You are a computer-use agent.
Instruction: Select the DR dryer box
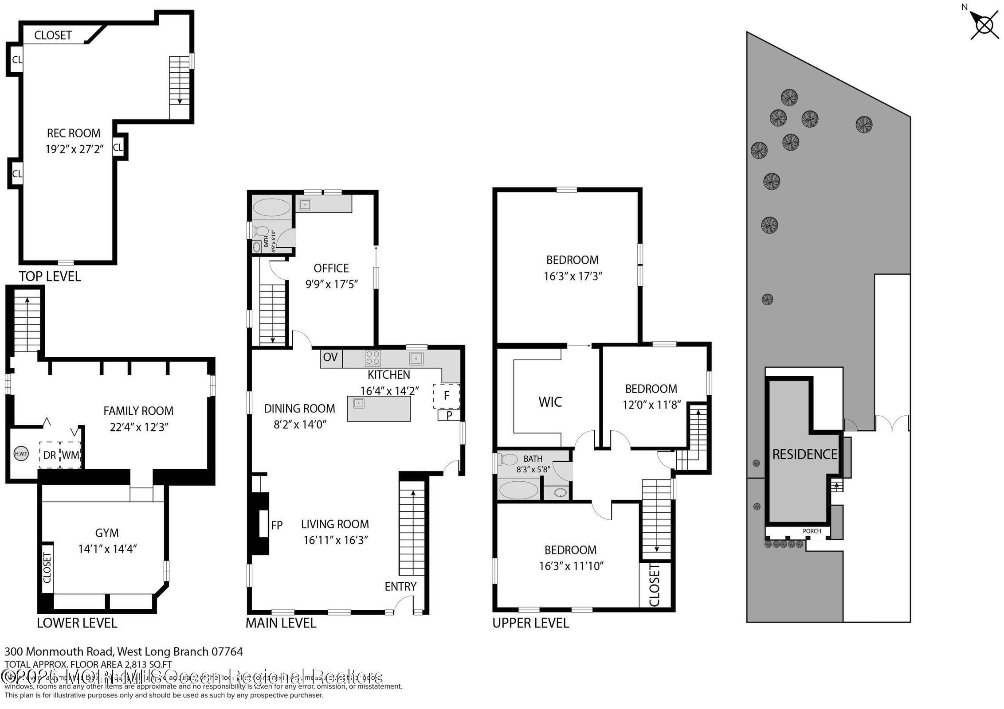[50, 455]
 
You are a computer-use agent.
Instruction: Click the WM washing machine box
[71, 455]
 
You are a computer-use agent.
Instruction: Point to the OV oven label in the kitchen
[330, 357]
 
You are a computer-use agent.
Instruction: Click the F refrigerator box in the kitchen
[447, 395]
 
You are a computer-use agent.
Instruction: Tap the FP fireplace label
[277, 525]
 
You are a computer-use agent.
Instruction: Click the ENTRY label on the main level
[400, 586]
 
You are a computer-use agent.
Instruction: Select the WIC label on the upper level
[550, 402]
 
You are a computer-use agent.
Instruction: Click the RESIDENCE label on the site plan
[804, 454]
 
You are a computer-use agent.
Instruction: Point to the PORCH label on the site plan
[812, 531]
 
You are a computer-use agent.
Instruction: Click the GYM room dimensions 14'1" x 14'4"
[107, 549]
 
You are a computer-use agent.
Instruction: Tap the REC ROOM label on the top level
[74, 133]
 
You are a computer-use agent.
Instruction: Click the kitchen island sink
[358, 403]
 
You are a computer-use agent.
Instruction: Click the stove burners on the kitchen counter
[373, 358]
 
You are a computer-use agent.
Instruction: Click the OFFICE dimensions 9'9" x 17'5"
[331, 284]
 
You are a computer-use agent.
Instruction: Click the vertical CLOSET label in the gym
[47, 568]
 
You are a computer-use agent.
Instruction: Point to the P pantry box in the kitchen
[449, 415]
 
